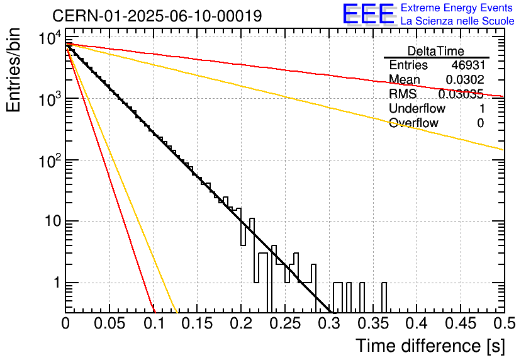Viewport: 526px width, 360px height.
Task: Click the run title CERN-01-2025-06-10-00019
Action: [x=157, y=16]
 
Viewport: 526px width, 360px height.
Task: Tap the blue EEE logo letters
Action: [x=369, y=14]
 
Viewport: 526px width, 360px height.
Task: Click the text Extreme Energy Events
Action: [x=457, y=8]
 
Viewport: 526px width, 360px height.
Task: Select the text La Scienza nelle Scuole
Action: [x=457, y=21]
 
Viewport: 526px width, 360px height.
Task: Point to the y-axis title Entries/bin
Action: [x=14, y=70]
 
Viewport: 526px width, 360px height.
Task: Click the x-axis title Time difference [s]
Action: [x=430, y=346]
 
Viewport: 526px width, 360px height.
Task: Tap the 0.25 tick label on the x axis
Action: [x=286, y=323]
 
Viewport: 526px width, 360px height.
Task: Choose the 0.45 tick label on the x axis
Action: [x=461, y=323]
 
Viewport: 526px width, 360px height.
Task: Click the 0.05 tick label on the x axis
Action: [x=109, y=323]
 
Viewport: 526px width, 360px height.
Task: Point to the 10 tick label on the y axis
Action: [x=53, y=222]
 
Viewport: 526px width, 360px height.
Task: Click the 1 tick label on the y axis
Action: [x=57, y=283]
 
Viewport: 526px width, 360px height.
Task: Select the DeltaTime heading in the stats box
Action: [x=436, y=51]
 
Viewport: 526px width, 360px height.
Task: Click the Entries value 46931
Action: [x=468, y=65]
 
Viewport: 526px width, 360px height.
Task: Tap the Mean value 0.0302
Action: [x=465, y=79]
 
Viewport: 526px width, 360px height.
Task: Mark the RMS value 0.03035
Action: [x=461, y=94]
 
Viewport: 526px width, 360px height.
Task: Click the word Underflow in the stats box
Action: [x=417, y=108]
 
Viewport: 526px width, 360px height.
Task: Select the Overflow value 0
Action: [x=481, y=123]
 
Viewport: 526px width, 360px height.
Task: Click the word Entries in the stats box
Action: [x=408, y=65]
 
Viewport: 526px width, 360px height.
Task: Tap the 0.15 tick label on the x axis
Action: [x=198, y=323]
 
